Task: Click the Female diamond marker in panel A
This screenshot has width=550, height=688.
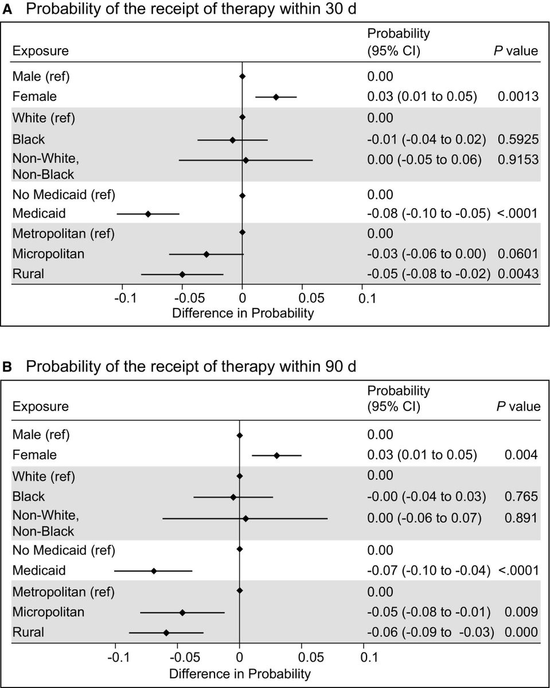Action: coord(276,97)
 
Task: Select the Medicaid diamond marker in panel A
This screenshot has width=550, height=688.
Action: coord(148,214)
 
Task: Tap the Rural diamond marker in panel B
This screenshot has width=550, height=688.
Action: coord(166,632)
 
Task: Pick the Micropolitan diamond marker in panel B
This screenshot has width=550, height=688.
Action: coord(182,612)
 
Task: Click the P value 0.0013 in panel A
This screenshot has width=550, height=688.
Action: coord(518,97)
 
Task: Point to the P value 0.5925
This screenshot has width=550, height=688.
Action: coord(518,139)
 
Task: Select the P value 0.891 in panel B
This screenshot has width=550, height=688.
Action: coord(521,518)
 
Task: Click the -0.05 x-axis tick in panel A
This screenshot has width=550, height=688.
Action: coord(182,298)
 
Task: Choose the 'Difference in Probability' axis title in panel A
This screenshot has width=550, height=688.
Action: coord(243,313)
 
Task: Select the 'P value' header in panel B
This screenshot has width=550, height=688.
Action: coord(517,407)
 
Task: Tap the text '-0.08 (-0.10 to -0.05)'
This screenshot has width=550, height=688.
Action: coord(428,214)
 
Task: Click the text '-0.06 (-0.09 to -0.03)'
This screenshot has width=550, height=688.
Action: coord(430,632)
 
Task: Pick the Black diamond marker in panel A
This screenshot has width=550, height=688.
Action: coord(232,139)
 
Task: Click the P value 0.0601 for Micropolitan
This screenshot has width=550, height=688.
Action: coord(518,254)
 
